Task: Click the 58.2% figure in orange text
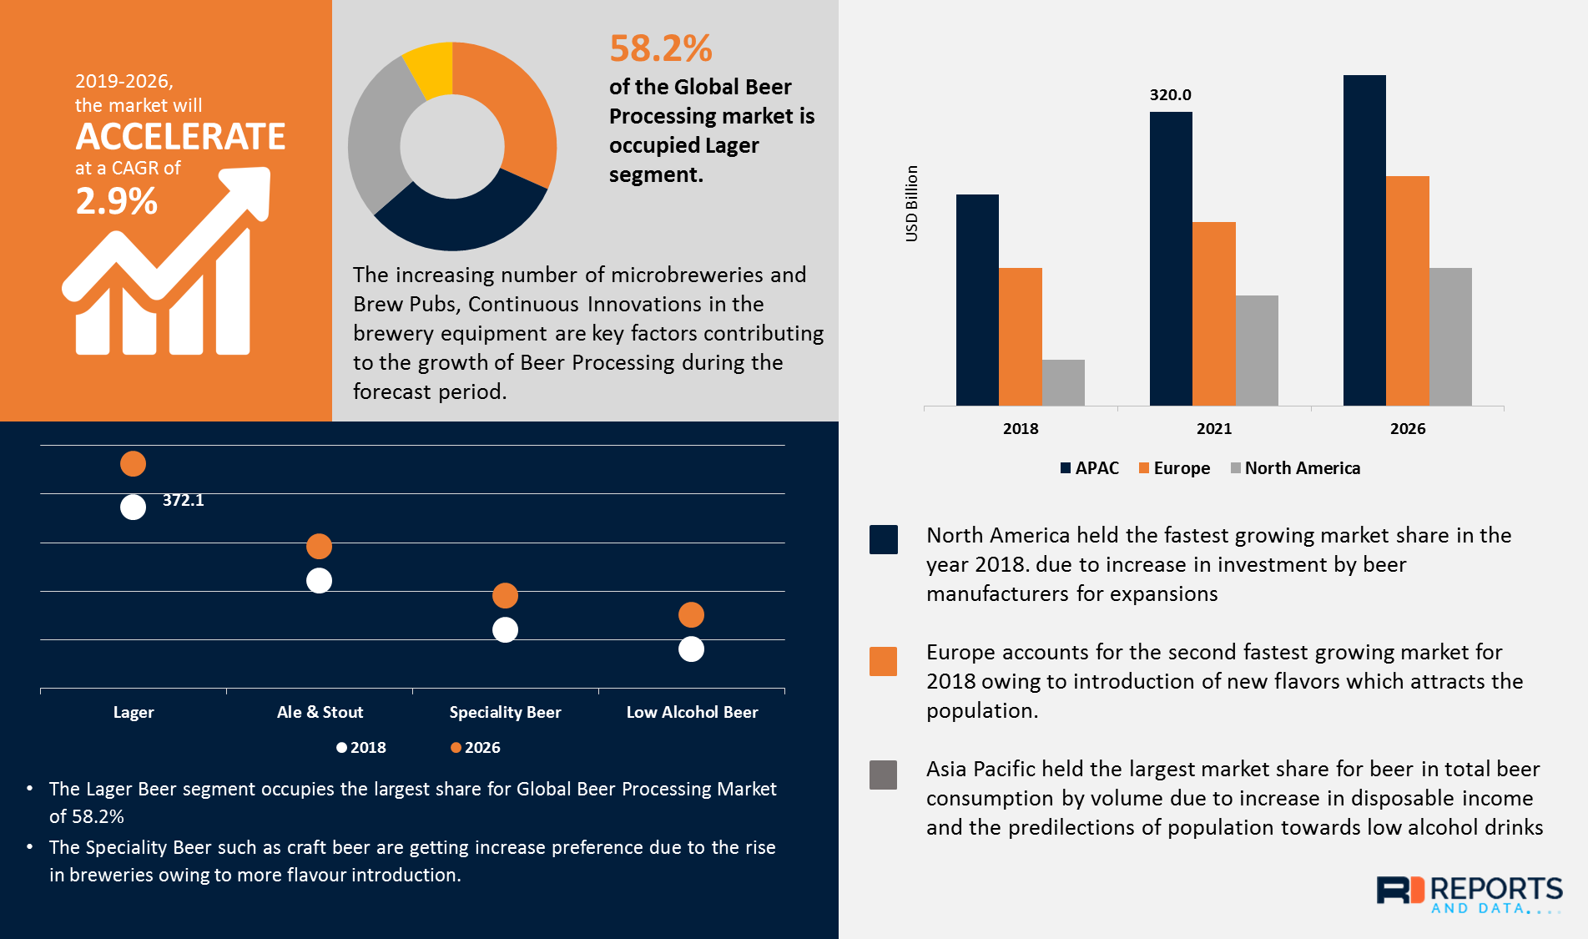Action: tap(660, 48)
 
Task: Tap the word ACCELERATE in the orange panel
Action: tap(180, 137)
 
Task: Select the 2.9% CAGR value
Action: tap(116, 201)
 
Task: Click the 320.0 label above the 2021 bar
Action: tap(1170, 95)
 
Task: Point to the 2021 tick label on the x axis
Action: tap(1213, 429)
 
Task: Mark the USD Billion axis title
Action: tap(911, 204)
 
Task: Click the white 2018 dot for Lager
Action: tap(133, 507)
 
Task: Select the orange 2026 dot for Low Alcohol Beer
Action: tap(691, 615)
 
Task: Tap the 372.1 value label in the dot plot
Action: tap(183, 500)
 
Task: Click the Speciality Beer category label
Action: tap(505, 712)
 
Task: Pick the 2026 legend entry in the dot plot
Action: tap(476, 748)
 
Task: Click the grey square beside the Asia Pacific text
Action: tap(883, 775)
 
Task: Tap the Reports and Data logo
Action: tap(1469, 895)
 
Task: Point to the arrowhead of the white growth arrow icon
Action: tap(251, 189)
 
